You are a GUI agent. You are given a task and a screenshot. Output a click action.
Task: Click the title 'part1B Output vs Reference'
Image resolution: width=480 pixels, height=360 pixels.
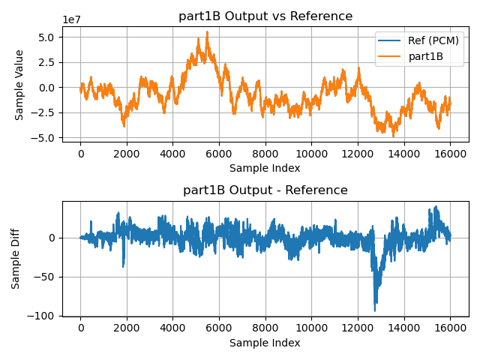click(x=265, y=16)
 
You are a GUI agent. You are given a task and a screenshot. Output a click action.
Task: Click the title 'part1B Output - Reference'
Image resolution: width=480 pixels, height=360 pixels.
click(x=265, y=190)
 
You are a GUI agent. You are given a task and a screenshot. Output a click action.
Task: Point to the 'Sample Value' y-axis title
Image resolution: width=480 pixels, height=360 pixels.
click(x=20, y=85)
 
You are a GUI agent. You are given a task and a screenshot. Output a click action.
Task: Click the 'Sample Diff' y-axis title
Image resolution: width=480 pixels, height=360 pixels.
click(x=16, y=258)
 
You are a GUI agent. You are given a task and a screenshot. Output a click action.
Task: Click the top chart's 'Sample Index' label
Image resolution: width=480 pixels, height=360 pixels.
click(x=265, y=168)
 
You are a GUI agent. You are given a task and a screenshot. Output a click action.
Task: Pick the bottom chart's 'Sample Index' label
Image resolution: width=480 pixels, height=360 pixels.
click(x=265, y=343)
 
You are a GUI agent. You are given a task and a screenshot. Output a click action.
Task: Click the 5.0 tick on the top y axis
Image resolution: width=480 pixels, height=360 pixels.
click(x=46, y=37)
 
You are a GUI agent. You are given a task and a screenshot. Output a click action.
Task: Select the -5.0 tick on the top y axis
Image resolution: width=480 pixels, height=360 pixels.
click(x=43, y=138)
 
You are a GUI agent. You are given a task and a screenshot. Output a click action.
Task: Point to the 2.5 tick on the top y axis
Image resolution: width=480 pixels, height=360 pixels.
click(x=46, y=62)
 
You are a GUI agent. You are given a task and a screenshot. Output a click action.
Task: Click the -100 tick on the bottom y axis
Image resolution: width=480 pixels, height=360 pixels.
click(x=43, y=316)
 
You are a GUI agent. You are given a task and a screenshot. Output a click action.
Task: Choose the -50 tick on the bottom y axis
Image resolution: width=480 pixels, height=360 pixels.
click(x=46, y=277)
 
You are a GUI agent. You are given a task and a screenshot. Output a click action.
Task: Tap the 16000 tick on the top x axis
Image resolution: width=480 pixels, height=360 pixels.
click(x=450, y=153)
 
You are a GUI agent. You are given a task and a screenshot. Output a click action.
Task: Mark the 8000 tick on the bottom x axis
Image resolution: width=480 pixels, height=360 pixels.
click(x=265, y=328)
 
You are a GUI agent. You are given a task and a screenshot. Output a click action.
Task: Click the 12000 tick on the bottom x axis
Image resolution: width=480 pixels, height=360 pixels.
click(x=358, y=328)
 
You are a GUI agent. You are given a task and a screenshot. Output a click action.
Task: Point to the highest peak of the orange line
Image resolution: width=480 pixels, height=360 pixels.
click(x=208, y=31)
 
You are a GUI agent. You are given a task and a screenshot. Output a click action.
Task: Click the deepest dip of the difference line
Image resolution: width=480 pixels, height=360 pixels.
click(x=375, y=310)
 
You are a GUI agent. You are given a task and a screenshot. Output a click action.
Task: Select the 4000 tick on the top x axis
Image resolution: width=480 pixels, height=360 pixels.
click(x=172, y=153)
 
